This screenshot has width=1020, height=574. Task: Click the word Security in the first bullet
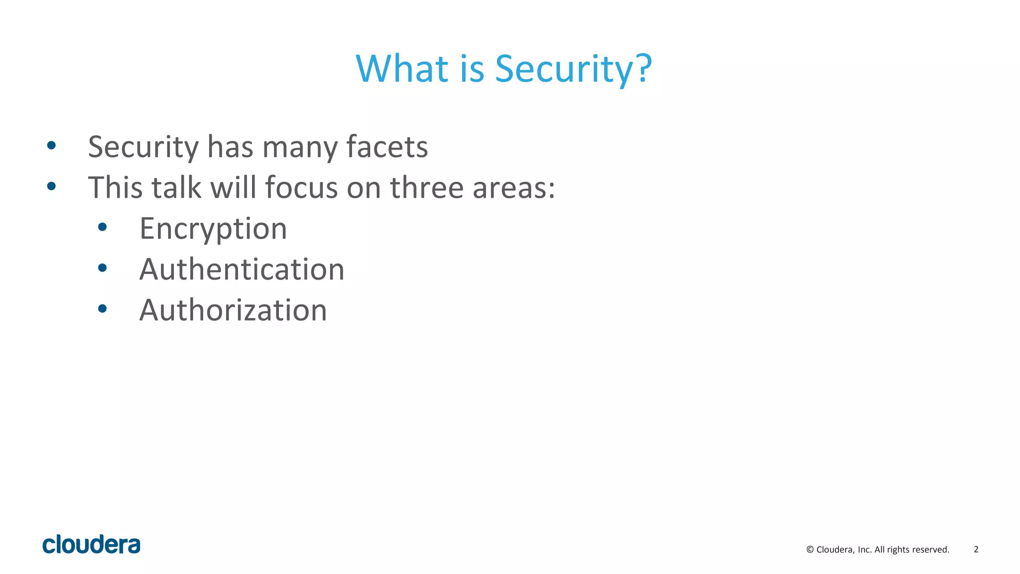(143, 147)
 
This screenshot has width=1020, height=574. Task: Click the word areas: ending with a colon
(513, 188)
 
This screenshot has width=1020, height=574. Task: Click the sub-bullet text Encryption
(213, 229)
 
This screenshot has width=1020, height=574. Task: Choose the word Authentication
(242, 270)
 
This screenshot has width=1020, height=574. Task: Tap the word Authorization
(233, 310)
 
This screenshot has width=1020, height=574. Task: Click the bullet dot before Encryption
(103, 228)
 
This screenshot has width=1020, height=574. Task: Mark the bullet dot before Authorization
(103, 309)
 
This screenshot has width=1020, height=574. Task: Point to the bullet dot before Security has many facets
(51, 145)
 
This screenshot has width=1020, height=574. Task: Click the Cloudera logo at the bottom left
(92, 545)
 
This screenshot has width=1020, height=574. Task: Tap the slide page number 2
(976, 550)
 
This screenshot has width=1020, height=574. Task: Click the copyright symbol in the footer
(810, 550)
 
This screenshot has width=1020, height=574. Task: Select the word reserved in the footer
(930, 550)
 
